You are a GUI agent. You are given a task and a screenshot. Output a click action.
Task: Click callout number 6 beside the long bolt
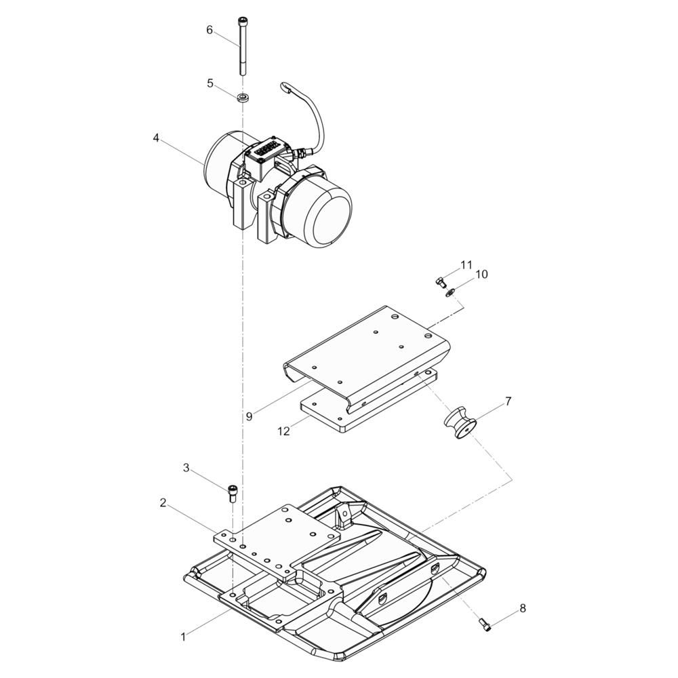tap(210, 30)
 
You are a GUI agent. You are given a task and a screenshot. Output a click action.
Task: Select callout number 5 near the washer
tap(210, 83)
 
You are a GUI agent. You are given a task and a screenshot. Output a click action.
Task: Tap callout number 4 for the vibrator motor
tap(156, 138)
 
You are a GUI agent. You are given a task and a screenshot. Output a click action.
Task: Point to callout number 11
tap(466, 264)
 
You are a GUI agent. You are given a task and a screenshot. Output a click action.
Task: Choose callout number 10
tap(481, 275)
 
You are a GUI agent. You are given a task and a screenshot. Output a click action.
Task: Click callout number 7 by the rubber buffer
tap(508, 401)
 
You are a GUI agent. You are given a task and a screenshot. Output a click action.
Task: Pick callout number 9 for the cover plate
tap(250, 416)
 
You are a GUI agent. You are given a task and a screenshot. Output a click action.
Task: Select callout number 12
tap(283, 431)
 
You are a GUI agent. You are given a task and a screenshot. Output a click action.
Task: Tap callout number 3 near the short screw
tap(186, 468)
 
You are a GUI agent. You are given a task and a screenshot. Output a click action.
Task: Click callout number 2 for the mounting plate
tap(163, 502)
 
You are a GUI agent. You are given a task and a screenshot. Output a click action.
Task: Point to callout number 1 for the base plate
tap(182, 637)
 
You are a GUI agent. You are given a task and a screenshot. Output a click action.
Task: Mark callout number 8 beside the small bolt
tap(522, 608)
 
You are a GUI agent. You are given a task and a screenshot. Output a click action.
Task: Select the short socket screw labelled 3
tap(233, 492)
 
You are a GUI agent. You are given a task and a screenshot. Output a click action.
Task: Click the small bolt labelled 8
tap(484, 623)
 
